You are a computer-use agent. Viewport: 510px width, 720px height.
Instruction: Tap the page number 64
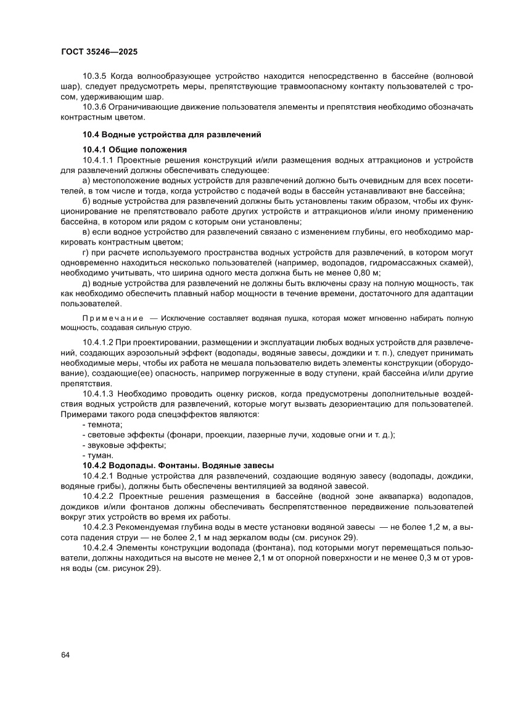click(x=65, y=655)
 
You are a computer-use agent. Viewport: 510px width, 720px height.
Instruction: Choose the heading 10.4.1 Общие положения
click(x=135, y=149)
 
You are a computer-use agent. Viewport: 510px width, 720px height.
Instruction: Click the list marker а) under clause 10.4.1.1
click(x=86, y=180)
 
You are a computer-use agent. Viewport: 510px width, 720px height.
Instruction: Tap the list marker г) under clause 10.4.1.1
click(x=86, y=253)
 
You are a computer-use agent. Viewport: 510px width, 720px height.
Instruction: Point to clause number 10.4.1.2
click(x=101, y=341)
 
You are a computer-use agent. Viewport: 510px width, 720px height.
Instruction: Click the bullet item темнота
click(x=105, y=424)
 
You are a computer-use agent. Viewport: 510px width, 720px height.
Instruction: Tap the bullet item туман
click(x=101, y=455)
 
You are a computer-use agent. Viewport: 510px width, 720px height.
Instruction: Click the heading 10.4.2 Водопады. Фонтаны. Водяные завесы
click(x=178, y=466)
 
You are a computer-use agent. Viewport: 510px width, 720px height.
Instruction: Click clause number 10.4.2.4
click(x=101, y=548)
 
